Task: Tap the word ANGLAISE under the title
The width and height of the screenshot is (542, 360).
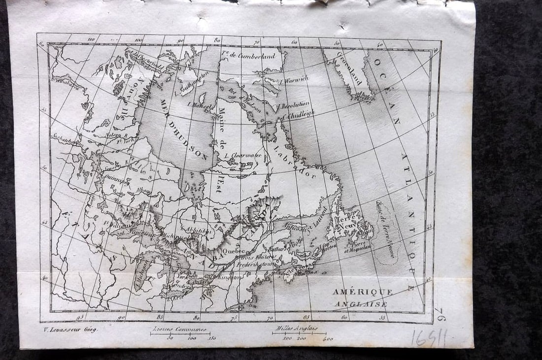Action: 361,304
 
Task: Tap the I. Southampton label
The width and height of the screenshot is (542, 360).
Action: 194,83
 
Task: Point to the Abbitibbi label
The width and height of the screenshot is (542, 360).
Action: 199,229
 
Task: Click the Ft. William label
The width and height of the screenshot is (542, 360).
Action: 114,224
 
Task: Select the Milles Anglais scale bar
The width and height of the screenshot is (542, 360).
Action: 299,333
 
